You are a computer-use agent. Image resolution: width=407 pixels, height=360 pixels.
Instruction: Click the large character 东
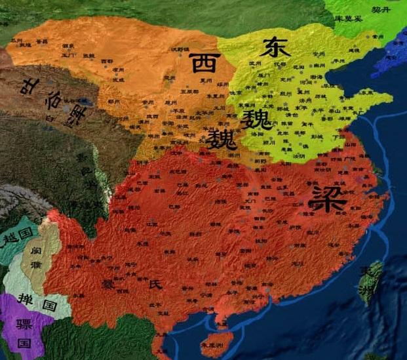pyautogui.click(x=273, y=48)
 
